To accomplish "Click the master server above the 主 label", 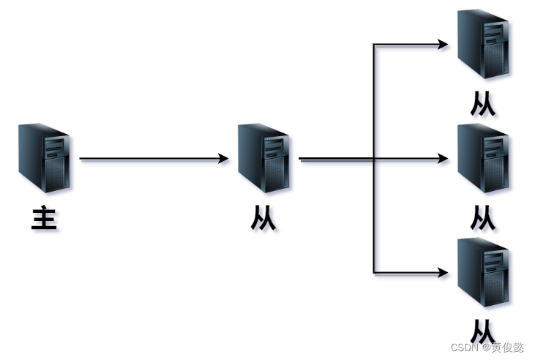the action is point(44,158).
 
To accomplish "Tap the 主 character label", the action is point(44,217).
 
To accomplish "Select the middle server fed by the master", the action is point(263,158).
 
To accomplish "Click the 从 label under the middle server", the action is point(263,217).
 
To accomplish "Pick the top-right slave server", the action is point(483,44).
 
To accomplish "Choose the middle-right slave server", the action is point(483,158).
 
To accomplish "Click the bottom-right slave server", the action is point(483,272).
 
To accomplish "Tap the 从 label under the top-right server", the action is point(483,103).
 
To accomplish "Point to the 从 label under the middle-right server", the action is point(483,217).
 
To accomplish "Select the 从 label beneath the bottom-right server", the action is point(483,331).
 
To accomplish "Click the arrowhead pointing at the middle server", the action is point(223,158).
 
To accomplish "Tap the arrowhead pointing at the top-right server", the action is point(443,45).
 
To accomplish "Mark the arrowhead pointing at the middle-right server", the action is point(443,158).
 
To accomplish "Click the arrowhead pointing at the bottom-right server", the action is point(443,273).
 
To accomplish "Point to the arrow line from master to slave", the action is point(154,158).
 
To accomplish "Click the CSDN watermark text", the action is point(487,348).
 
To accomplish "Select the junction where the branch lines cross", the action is point(373,158).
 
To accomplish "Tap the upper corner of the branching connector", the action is point(373,45).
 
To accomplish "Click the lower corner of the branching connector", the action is point(373,273).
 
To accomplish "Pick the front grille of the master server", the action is point(55,174).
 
